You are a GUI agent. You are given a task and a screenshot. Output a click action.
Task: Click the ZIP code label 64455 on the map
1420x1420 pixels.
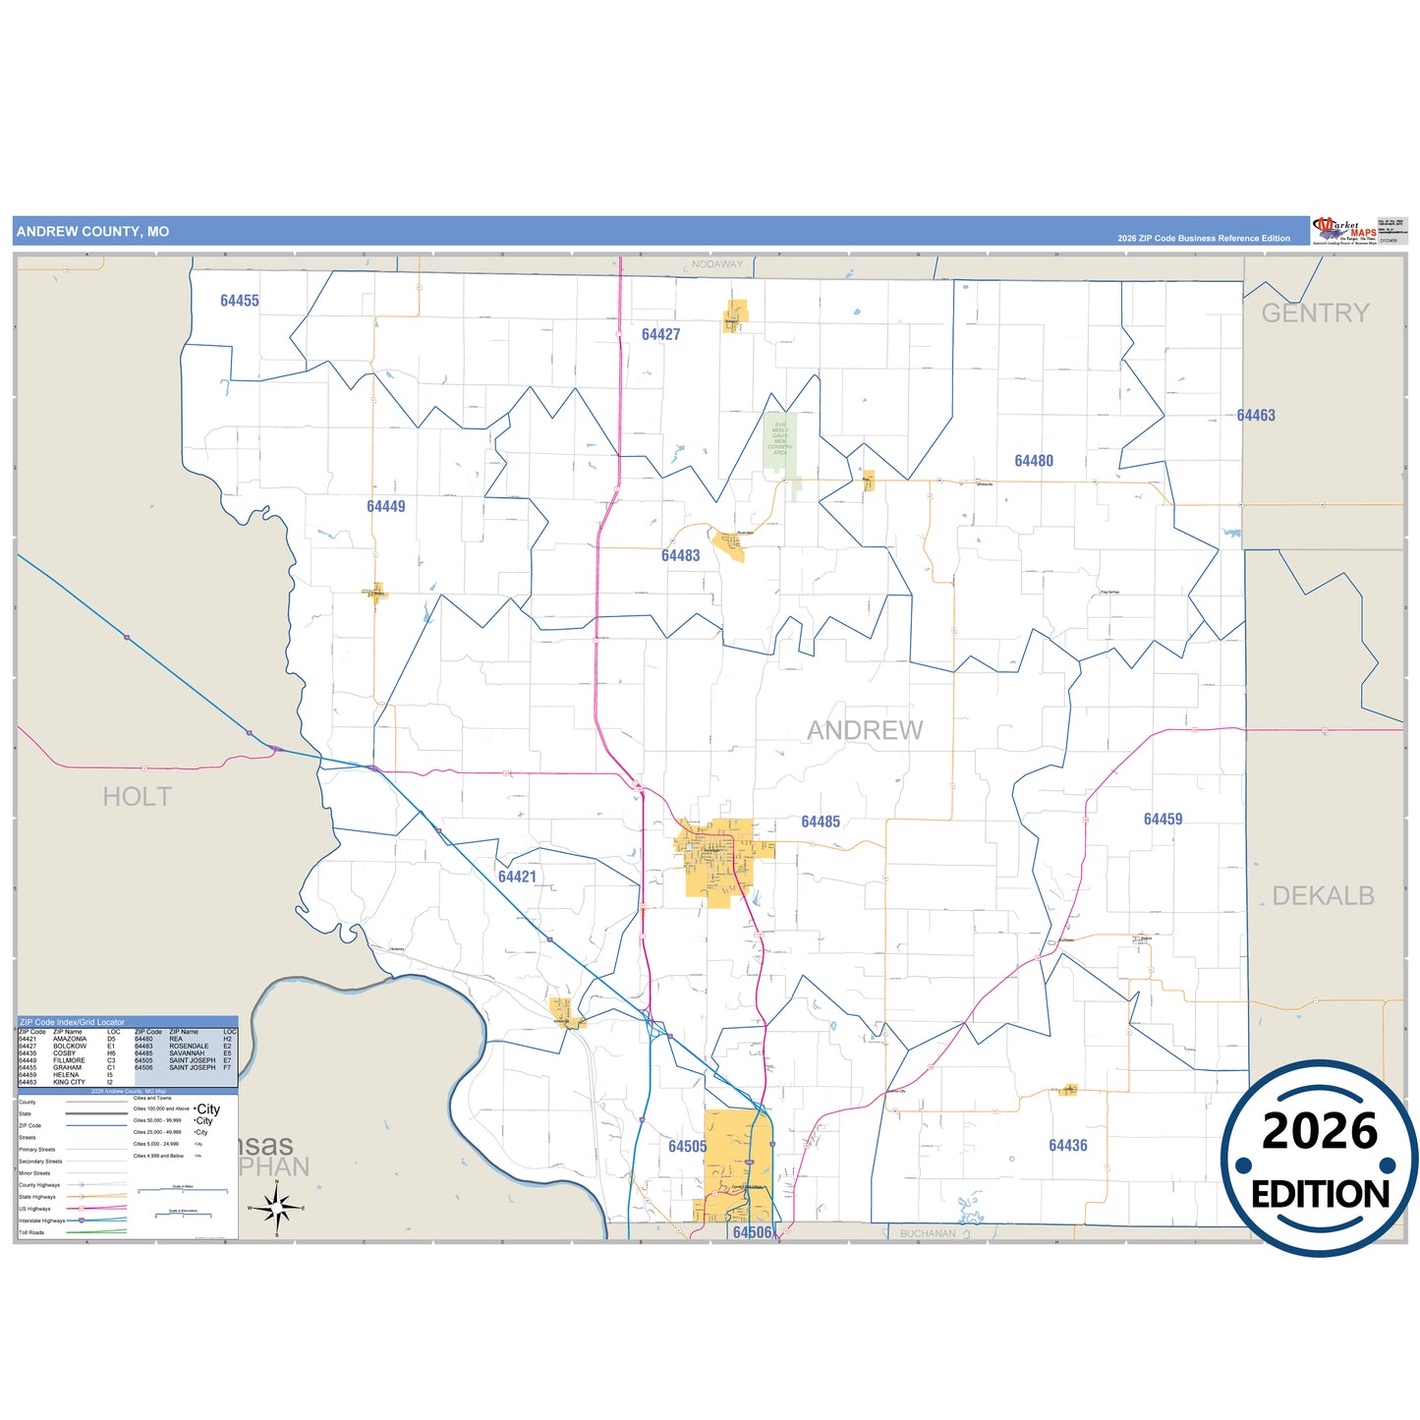coord(240,301)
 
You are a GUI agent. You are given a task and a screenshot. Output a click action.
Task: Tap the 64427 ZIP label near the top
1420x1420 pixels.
coord(660,334)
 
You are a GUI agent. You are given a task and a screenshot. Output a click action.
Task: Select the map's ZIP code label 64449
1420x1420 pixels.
coord(385,506)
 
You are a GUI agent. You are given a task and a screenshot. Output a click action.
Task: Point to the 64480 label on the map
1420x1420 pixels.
coord(1034,461)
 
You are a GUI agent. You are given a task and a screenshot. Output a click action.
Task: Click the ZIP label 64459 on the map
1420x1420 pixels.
coord(1163,819)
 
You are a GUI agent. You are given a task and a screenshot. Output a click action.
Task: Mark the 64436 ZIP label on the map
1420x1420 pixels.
coord(1067,1145)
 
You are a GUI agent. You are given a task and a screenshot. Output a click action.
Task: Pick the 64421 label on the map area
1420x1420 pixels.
coord(517,877)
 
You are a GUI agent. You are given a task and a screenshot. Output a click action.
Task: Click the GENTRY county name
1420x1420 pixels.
coord(1315,312)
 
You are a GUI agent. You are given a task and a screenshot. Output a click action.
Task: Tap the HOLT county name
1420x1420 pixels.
coord(138,797)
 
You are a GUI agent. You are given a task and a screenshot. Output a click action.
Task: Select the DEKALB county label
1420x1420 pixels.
coord(1323,895)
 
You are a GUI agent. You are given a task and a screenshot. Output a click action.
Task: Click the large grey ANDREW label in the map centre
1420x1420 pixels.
coord(865,730)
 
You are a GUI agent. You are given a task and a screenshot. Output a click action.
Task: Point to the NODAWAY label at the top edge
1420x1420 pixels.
coord(717,264)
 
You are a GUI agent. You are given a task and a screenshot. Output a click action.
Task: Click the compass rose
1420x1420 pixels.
coord(277,1207)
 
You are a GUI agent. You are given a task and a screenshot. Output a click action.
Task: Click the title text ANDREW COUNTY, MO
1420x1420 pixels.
coord(92,232)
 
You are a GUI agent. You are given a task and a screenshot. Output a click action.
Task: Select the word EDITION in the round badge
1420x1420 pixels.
coord(1320,1194)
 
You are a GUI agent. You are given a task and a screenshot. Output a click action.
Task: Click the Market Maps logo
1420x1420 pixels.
coord(1344,231)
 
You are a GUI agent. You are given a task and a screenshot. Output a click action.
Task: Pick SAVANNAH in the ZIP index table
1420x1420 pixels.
coord(187,1052)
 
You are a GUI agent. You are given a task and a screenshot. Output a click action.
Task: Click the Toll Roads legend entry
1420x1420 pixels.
coord(32,1232)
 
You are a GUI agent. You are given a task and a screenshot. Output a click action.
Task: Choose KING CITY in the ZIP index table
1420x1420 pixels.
coord(69,1082)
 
